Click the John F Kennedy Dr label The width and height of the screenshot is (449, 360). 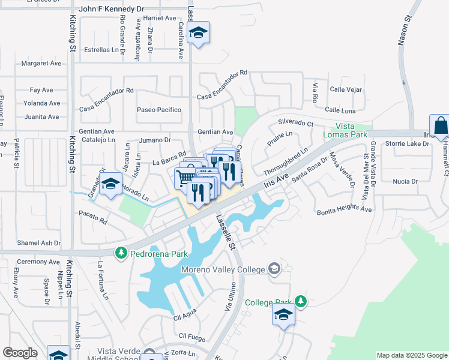click(112, 10)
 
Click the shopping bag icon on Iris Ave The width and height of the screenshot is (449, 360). click(440, 125)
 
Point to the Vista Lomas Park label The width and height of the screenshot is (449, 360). click(351, 131)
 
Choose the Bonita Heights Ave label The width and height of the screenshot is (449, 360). click(345, 209)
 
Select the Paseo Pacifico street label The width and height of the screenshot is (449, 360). click(158, 110)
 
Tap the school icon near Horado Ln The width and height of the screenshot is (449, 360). click(111, 186)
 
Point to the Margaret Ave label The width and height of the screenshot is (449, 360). click(41, 63)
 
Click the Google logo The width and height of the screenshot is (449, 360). click(19, 353)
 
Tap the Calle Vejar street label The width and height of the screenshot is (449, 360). click(346, 90)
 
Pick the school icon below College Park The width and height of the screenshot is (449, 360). click(283, 314)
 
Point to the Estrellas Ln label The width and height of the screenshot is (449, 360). click(101, 50)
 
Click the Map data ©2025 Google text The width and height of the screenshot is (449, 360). click(411, 355)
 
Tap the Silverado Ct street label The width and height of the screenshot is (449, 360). click(295, 123)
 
